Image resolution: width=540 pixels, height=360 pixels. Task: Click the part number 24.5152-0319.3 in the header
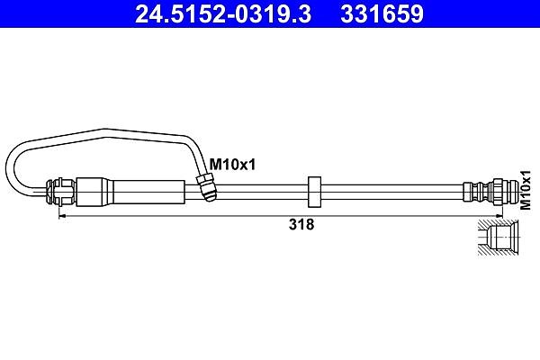pos(223,13)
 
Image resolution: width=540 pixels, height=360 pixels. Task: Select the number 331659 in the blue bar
pos(382,13)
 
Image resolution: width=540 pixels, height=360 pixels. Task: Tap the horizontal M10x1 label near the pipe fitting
pos(233,165)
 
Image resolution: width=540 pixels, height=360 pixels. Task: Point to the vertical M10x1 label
pos(526,190)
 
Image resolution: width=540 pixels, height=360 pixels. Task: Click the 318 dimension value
pos(301,225)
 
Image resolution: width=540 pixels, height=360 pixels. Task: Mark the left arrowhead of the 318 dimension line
pos(62,216)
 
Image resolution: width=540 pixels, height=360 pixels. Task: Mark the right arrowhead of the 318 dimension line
pos(499,216)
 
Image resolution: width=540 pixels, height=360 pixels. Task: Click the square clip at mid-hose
pos(314,192)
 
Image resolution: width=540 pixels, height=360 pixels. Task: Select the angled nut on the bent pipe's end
pos(206,186)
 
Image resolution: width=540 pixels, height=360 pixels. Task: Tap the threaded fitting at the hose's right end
pos(490,192)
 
